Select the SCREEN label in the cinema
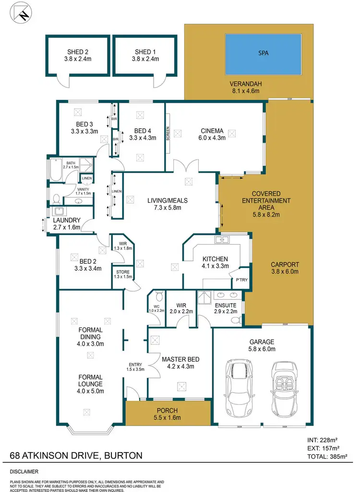pos(168,133)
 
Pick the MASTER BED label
pos(180,359)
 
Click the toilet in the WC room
pos(159,296)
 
